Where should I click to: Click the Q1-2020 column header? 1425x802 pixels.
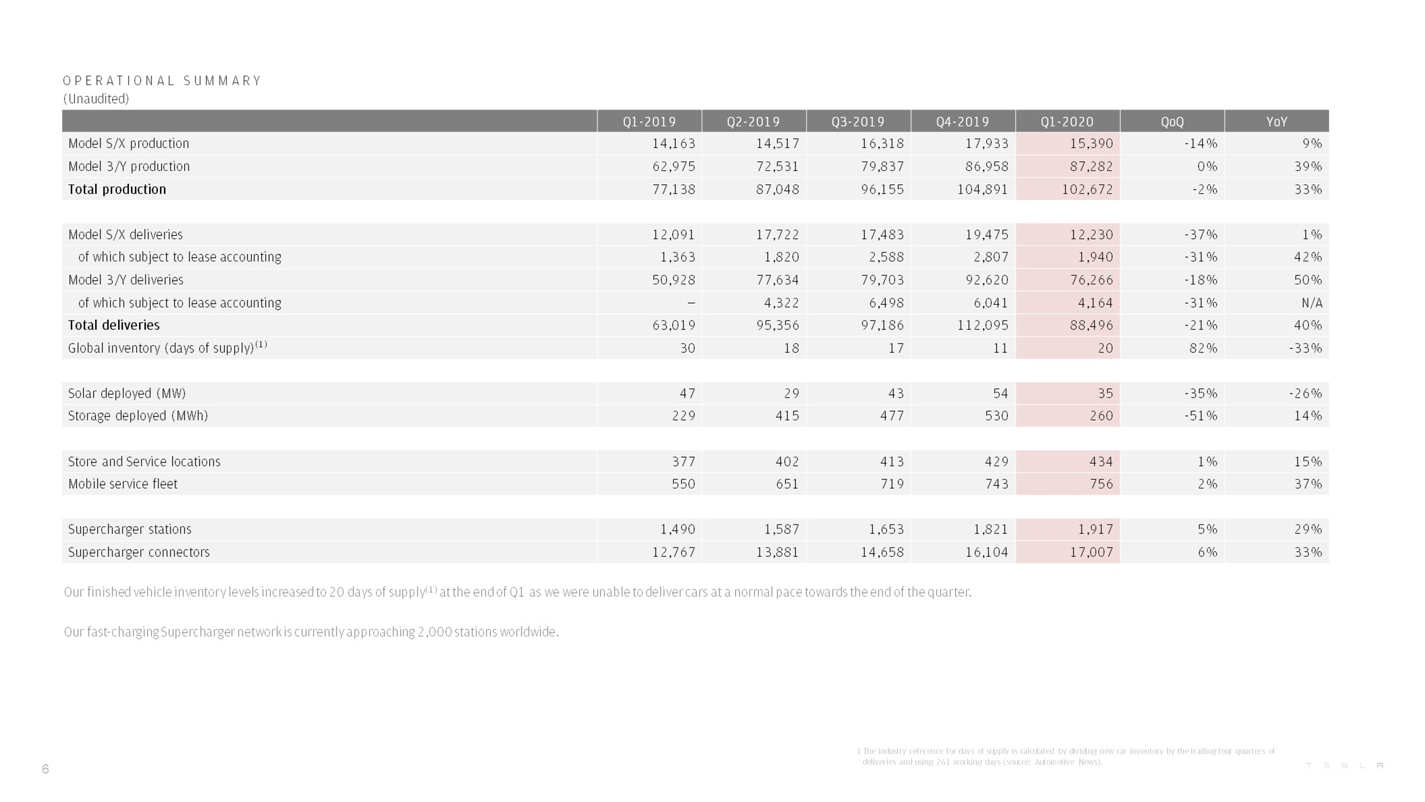tap(1067, 122)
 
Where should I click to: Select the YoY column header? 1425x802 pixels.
tap(1276, 122)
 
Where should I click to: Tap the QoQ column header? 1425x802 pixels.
tap(1172, 122)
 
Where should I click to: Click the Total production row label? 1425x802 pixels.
tap(117, 189)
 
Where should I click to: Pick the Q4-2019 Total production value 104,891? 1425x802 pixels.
tap(982, 189)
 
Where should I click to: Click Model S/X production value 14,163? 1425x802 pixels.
tap(673, 143)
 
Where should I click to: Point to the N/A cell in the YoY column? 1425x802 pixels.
tap(1311, 302)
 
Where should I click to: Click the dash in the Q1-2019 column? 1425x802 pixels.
tap(690, 303)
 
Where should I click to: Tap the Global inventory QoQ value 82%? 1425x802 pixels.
tap(1204, 348)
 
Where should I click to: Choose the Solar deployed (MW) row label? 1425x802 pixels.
tap(127, 393)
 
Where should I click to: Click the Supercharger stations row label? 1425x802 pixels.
tap(130, 529)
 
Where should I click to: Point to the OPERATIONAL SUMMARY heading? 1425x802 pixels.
tap(162, 81)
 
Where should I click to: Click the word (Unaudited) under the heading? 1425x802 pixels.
tap(96, 99)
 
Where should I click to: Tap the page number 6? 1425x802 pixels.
tap(45, 769)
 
